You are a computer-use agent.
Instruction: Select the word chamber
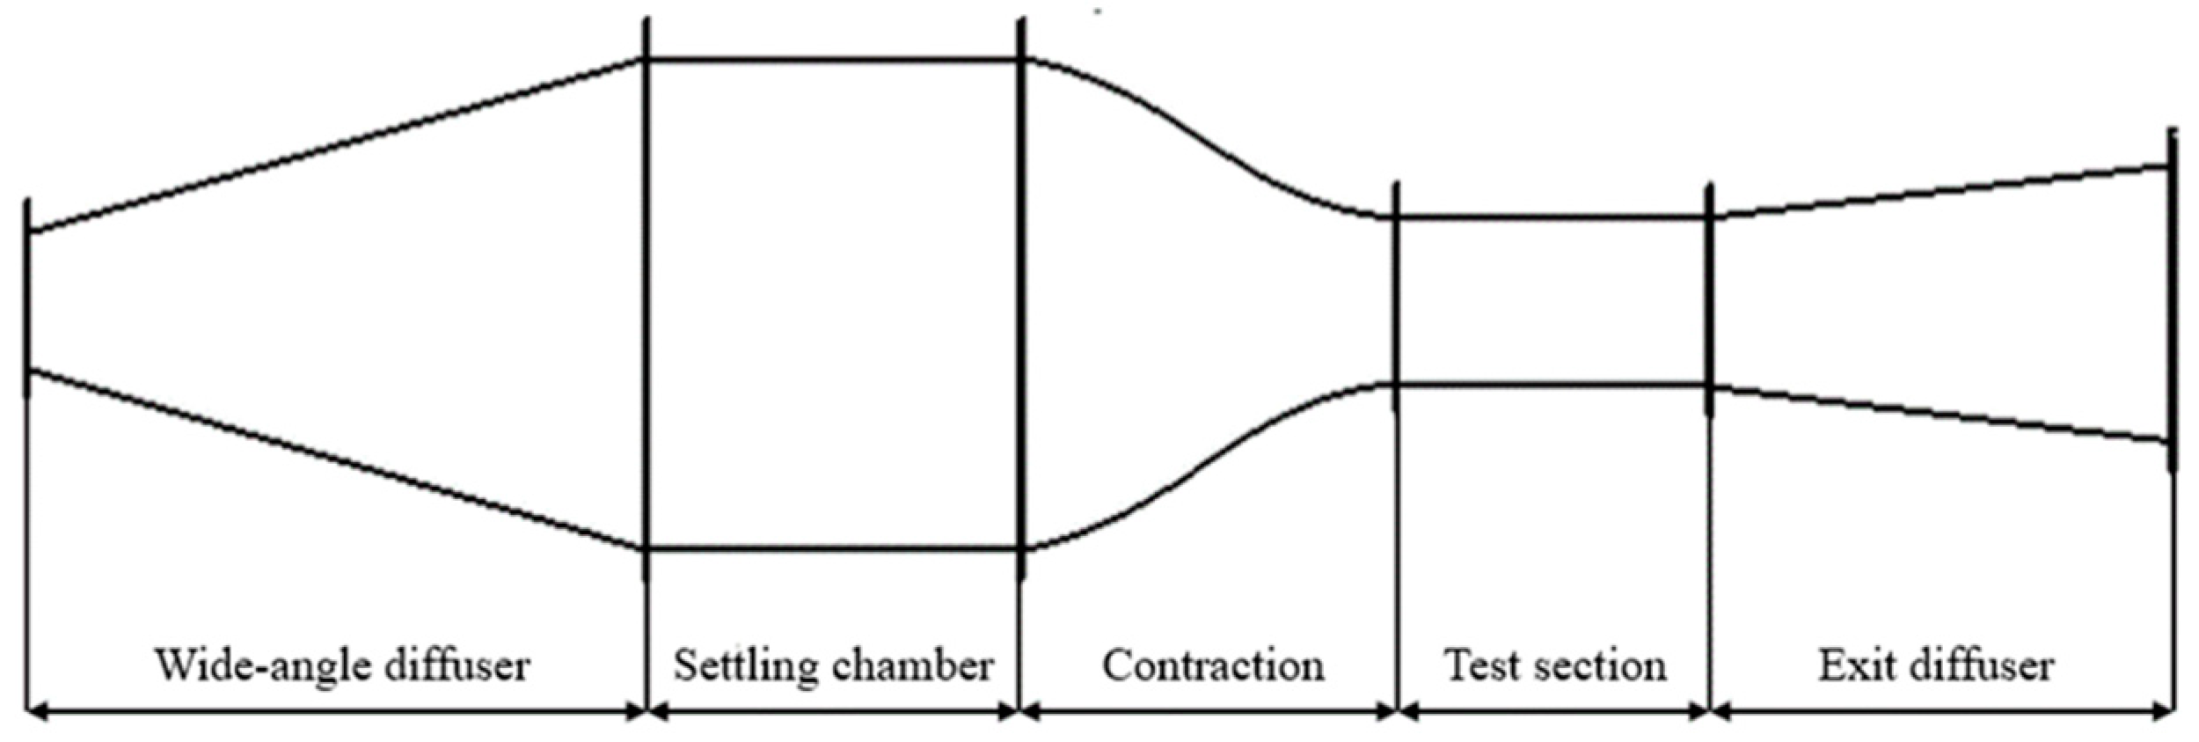tap(914, 665)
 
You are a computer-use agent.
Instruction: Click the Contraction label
tap(1213, 665)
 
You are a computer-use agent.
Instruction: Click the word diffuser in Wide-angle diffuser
tap(456, 665)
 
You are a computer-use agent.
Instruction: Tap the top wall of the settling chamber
tap(833, 60)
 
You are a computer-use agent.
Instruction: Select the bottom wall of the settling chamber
tap(833, 549)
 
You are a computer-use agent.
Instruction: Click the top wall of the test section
tap(1552, 217)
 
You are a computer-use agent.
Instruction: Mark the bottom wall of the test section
tap(1552, 385)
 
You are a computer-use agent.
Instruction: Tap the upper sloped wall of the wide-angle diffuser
tap(334, 146)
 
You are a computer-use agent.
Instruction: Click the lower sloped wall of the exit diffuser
tap(1935, 414)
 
